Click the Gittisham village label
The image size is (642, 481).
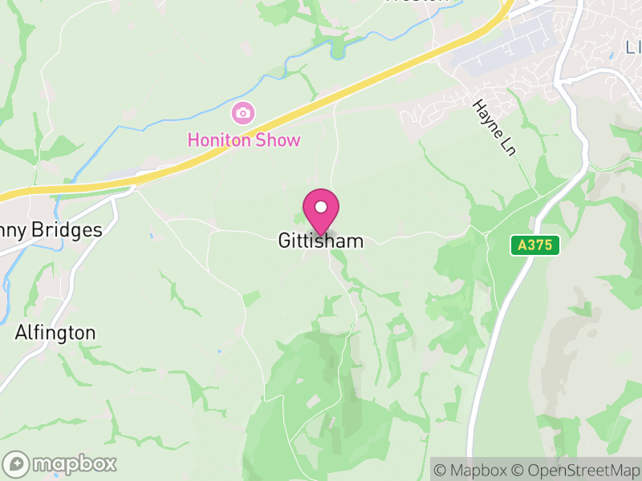(x=321, y=240)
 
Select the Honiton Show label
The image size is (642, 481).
(x=244, y=140)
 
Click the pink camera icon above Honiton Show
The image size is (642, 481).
(x=242, y=112)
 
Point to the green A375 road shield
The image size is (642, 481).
(x=535, y=245)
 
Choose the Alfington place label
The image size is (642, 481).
(x=55, y=333)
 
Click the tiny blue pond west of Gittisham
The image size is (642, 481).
(x=151, y=236)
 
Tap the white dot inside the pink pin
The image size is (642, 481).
(x=321, y=207)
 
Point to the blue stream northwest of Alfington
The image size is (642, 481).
(x=8, y=281)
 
